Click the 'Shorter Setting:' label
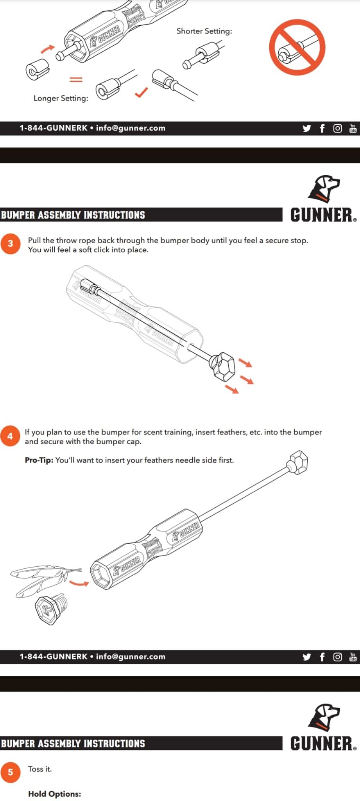point(204,31)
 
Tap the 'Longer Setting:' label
point(61,98)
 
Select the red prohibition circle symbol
point(297,48)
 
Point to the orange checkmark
point(141,92)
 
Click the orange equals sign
point(76,79)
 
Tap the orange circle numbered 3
point(10,244)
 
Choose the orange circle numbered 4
point(10,436)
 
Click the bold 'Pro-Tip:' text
point(39,460)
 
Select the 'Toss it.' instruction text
point(40,769)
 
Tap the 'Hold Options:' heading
point(55,794)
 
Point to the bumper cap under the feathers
point(52,609)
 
